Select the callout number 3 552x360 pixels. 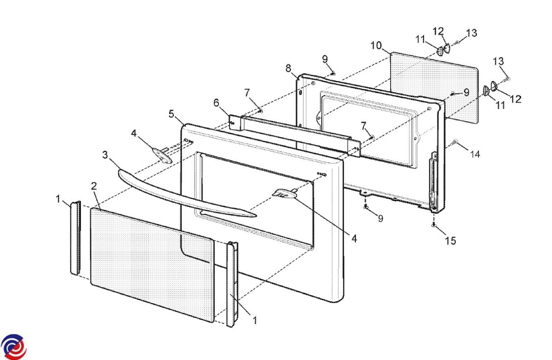tap(105, 155)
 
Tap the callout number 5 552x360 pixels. tap(172, 114)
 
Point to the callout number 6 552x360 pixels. tap(216, 102)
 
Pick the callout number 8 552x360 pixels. tap(288, 68)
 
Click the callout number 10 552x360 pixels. tap(376, 46)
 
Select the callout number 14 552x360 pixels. tap(475, 154)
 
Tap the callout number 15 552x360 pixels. tap(451, 240)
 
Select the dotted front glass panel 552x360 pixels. tap(152, 264)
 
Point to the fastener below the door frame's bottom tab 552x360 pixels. tap(366, 207)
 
